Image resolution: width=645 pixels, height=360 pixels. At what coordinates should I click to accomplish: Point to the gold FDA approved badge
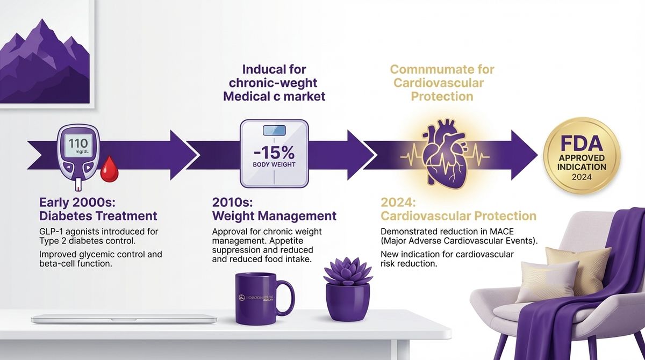pos(582,156)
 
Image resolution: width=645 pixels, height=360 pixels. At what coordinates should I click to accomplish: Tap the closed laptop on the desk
pos(124,319)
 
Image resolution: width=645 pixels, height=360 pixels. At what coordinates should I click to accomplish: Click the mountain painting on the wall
pos(46,54)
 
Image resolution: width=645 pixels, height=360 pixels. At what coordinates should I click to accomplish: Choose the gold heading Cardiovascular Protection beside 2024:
pos(458,217)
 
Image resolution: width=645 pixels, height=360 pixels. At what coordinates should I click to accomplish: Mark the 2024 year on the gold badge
pos(582,177)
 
